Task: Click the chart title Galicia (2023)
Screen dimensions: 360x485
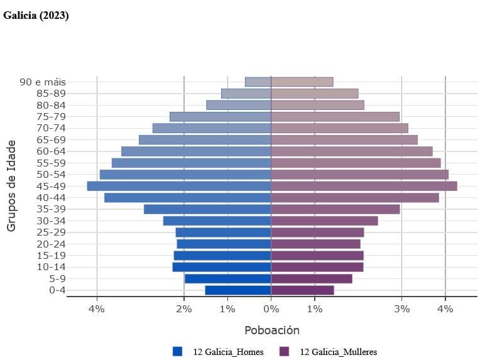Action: (x=36, y=16)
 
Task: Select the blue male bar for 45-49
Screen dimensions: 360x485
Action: (x=179, y=186)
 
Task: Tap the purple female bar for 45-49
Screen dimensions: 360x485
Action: (x=364, y=186)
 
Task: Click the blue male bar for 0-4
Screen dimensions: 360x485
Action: (x=238, y=290)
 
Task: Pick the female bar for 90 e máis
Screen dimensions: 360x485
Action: (x=302, y=82)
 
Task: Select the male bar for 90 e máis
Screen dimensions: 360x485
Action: (x=258, y=82)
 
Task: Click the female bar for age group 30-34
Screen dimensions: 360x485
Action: (x=324, y=221)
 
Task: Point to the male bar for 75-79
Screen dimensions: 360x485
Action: (x=220, y=116)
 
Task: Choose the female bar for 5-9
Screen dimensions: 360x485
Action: (x=312, y=278)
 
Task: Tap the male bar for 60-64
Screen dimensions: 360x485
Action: (x=196, y=151)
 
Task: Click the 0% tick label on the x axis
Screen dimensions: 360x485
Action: (x=271, y=308)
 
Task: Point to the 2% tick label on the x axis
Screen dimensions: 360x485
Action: (x=183, y=308)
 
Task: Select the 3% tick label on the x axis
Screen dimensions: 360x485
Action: (x=401, y=308)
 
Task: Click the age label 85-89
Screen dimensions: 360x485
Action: (x=52, y=93)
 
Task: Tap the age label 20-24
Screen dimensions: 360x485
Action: (x=52, y=244)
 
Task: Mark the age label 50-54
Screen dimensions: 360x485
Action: (x=52, y=174)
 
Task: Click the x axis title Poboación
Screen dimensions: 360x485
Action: (x=271, y=330)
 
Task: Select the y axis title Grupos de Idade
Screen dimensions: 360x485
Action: (x=11, y=186)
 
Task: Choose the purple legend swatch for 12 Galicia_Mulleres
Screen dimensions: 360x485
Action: (x=285, y=351)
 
